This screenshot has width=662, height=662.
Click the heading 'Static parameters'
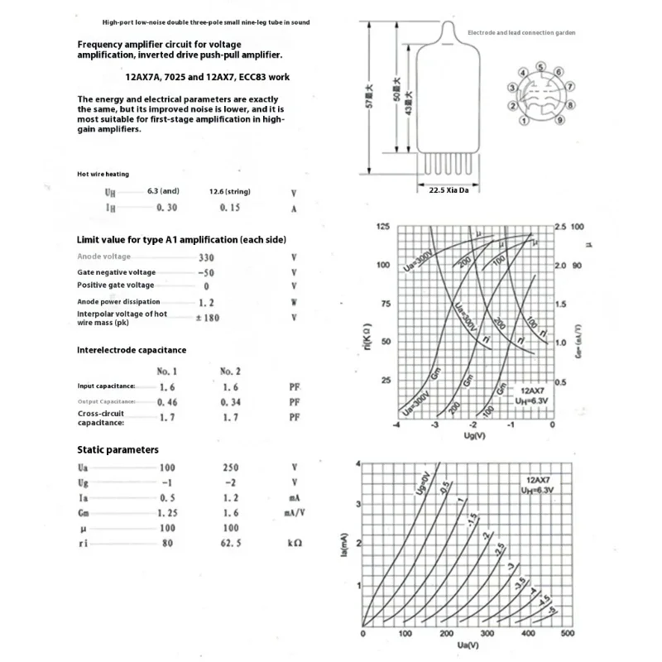pyautogui.click(x=118, y=449)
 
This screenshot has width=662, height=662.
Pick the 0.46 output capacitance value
pyautogui.click(x=166, y=401)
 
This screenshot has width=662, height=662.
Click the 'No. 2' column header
pyautogui.click(x=231, y=371)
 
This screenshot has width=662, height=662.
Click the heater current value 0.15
pyautogui.click(x=230, y=207)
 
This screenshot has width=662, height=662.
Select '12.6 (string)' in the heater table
pyautogui.click(x=230, y=191)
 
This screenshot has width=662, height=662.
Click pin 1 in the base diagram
pyautogui.click(x=524, y=121)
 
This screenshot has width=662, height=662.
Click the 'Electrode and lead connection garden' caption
pyautogui.click(x=521, y=33)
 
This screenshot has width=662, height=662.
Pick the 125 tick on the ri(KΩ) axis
pyautogui.click(x=382, y=227)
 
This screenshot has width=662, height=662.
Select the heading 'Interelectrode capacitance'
pyautogui.click(x=132, y=350)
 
